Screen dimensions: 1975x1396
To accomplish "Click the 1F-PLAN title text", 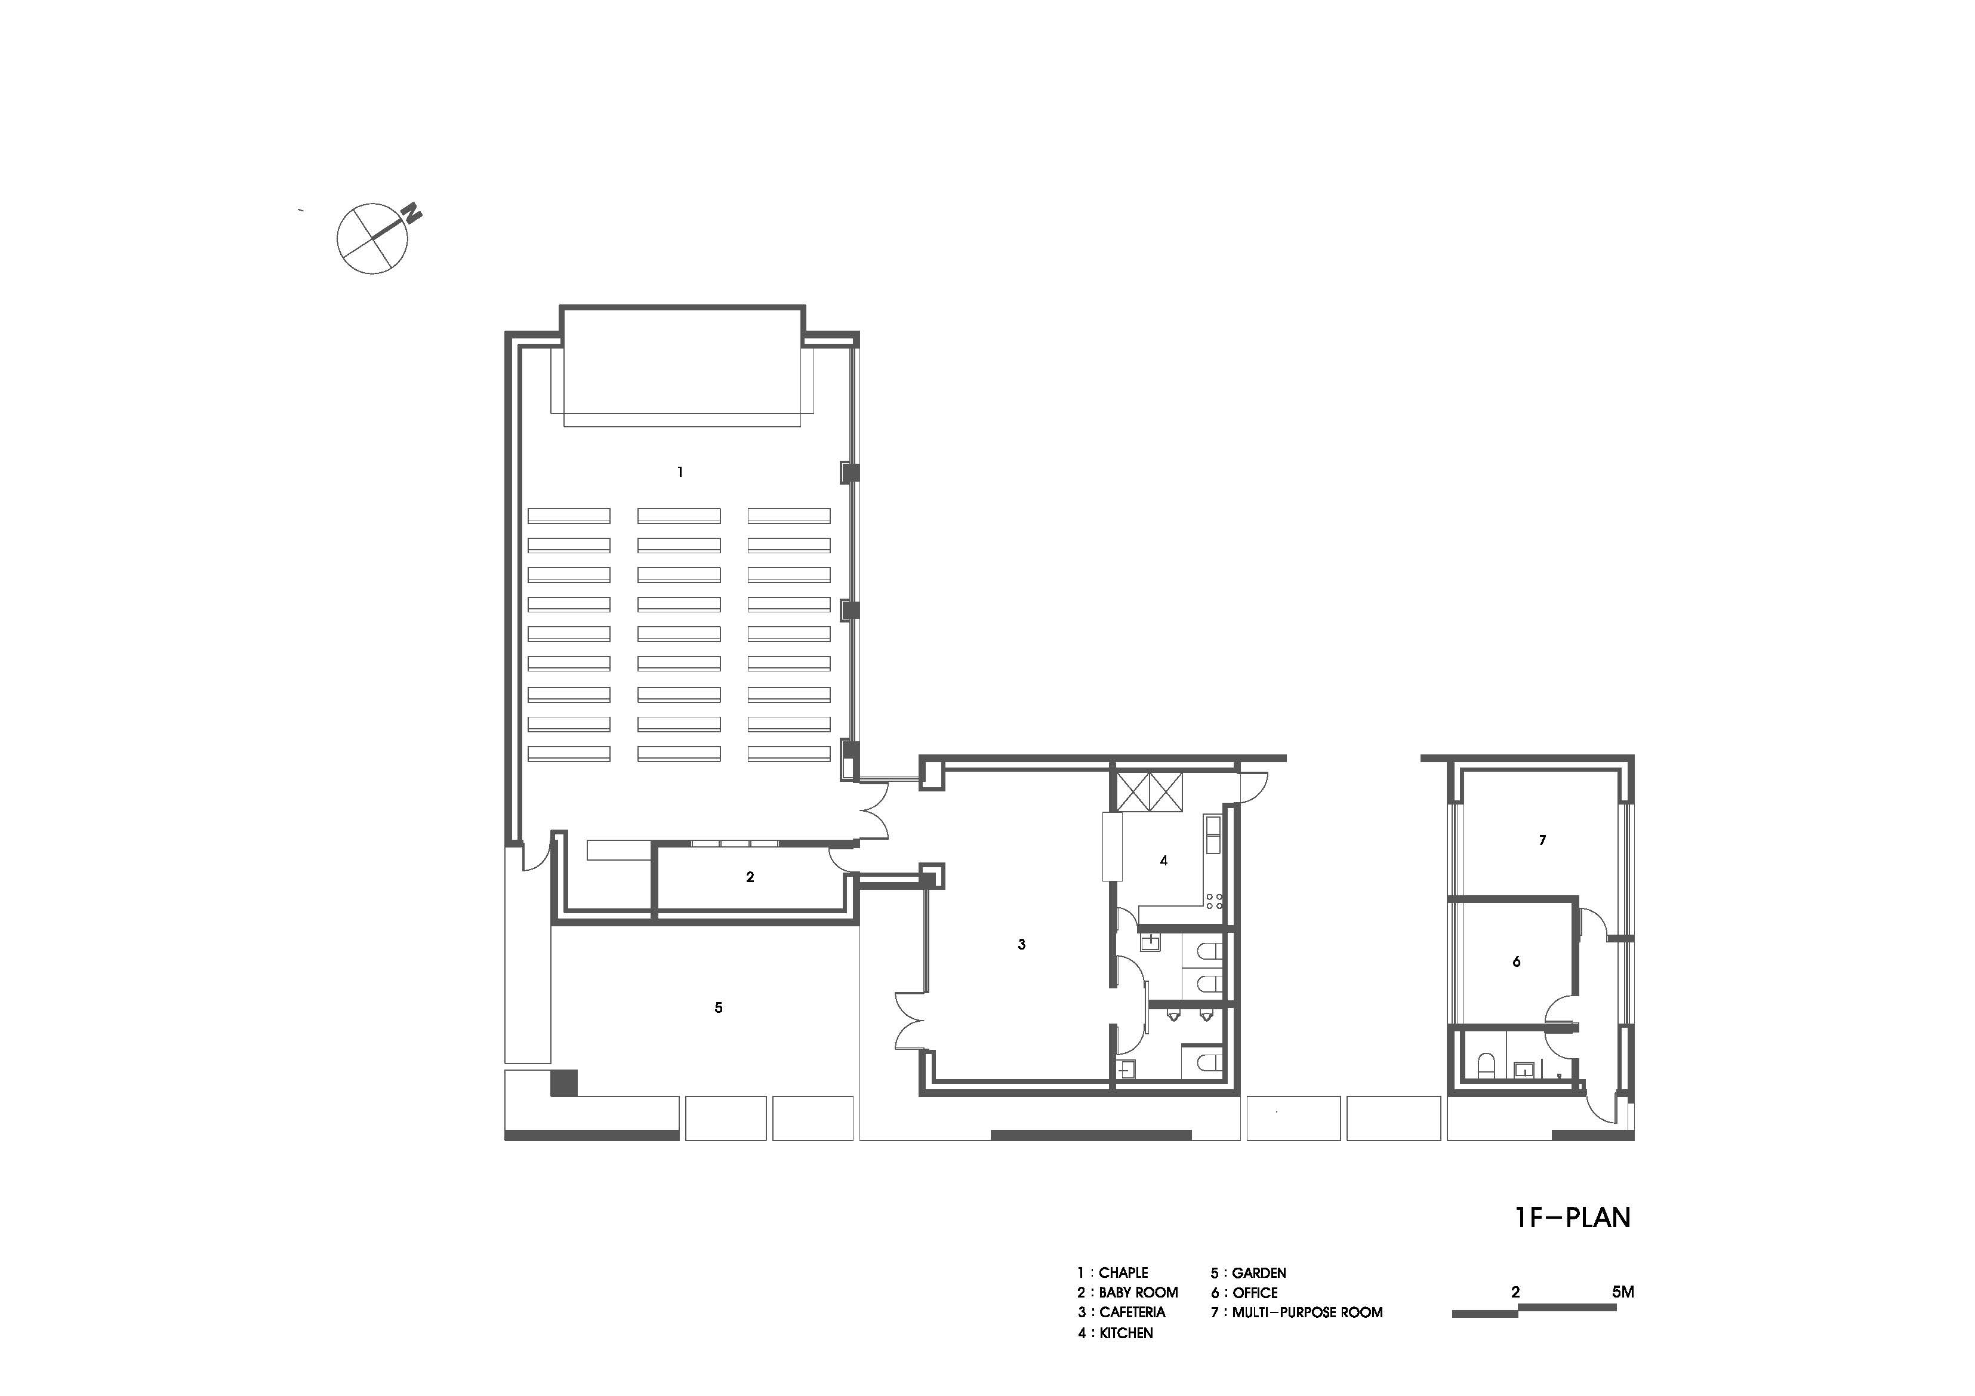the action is pos(1573,1217).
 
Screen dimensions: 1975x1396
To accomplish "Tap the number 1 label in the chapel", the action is pos(680,472).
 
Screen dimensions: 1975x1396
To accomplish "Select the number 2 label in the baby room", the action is pos(750,877).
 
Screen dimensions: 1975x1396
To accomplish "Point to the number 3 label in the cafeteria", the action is pos(1022,944).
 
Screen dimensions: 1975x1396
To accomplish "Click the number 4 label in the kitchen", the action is pos(1164,860).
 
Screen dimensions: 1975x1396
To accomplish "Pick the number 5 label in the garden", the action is pos(718,1007).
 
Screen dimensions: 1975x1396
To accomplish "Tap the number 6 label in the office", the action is pos(1517,962).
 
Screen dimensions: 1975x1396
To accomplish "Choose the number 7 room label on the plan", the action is pos(1542,840).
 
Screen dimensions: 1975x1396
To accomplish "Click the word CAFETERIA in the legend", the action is pos(1132,1312).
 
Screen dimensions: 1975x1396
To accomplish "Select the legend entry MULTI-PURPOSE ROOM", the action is pos(1308,1312).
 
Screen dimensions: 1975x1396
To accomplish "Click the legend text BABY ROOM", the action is pos(1138,1293).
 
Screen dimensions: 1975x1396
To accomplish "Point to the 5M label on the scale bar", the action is pos(1622,1292).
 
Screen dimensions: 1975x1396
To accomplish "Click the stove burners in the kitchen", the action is pos(1215,901).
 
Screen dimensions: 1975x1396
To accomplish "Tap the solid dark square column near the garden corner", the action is pos(563,1082).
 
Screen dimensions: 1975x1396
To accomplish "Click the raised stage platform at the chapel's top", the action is pos(683,361).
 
